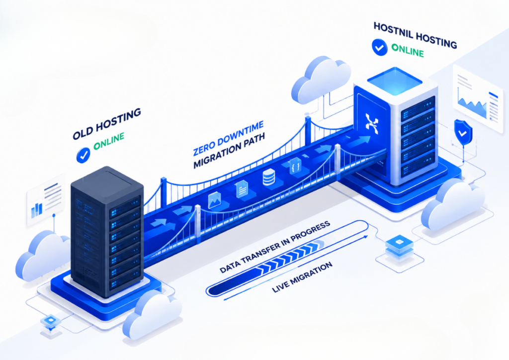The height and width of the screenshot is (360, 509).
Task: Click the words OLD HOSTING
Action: pyautogui.click(x=107, y=124)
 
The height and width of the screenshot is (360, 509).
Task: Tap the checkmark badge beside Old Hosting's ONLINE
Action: pyautogui.click(x=83, y=155)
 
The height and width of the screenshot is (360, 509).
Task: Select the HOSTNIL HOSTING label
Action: pyautogui.click(x=415, y=35)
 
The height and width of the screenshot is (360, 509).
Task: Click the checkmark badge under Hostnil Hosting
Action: pyautogui.click(x=379, y=47)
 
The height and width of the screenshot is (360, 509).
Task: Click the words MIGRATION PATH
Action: pyautogui.click(x=229, y=150)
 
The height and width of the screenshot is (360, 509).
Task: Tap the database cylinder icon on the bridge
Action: pyautogui.click(x=269, y=177)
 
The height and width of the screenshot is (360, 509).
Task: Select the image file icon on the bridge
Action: pyautogui.click(x=214, y=200)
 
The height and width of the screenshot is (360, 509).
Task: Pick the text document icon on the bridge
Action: pyautogui.click(x=242, y=189)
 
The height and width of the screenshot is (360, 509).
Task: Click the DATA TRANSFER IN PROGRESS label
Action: pyautogui.click(x=274, y=247)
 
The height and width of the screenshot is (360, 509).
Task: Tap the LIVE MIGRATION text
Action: pyautogui.click(x=302, y=277)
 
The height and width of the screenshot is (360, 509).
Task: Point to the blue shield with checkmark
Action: pyautogui.click(x=463, y=132)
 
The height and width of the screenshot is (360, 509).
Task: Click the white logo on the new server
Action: pyautogui.click(x=372, y=123)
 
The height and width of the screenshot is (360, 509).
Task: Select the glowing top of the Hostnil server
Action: pyautogui.click(x=395, y=81)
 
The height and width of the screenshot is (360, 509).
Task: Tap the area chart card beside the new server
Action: pyautogui.click(x=478, y=98)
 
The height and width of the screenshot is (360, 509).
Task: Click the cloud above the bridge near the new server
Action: pyautogui.click(x=321, y=79)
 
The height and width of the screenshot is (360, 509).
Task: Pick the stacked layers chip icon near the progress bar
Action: pyautogui.click(x=399, y=247)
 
